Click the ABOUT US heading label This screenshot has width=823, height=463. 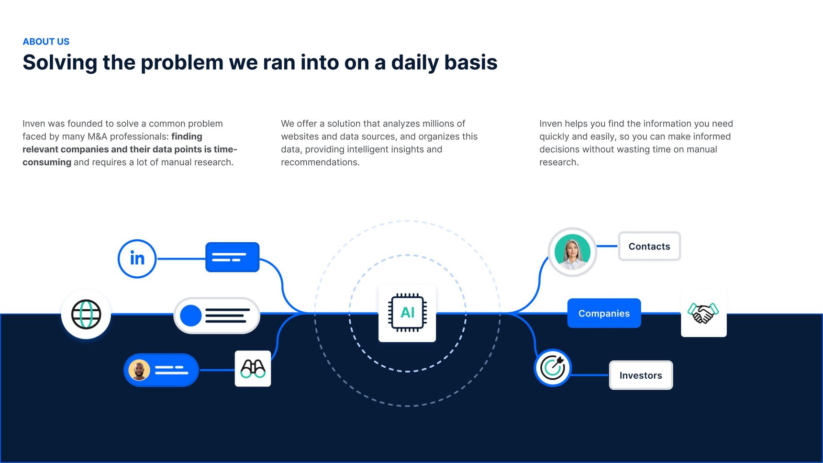click(46, 42)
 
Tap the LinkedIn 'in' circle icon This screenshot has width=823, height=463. click(137, 259)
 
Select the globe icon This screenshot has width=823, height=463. click(86, 314)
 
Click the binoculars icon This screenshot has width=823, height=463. click(253, 369)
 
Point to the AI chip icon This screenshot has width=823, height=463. click(407, 313)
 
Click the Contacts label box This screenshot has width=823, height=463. click(649, 247)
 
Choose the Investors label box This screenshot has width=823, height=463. click(641, 375)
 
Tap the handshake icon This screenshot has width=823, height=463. click(703, 313)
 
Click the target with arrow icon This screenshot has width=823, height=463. click(553, 368)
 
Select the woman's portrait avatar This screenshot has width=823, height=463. click(572, 252)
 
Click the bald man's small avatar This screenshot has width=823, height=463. click(139, 370)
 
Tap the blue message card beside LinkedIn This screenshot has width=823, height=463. click(233, 257)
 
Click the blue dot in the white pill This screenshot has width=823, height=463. click(190, 316)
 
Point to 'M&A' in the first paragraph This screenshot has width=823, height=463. click(97, 136)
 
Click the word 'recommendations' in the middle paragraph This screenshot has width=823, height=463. click(319, 162)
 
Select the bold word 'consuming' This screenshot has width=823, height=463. click(47, 162)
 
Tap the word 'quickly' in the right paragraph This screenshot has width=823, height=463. click(554, 136)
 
